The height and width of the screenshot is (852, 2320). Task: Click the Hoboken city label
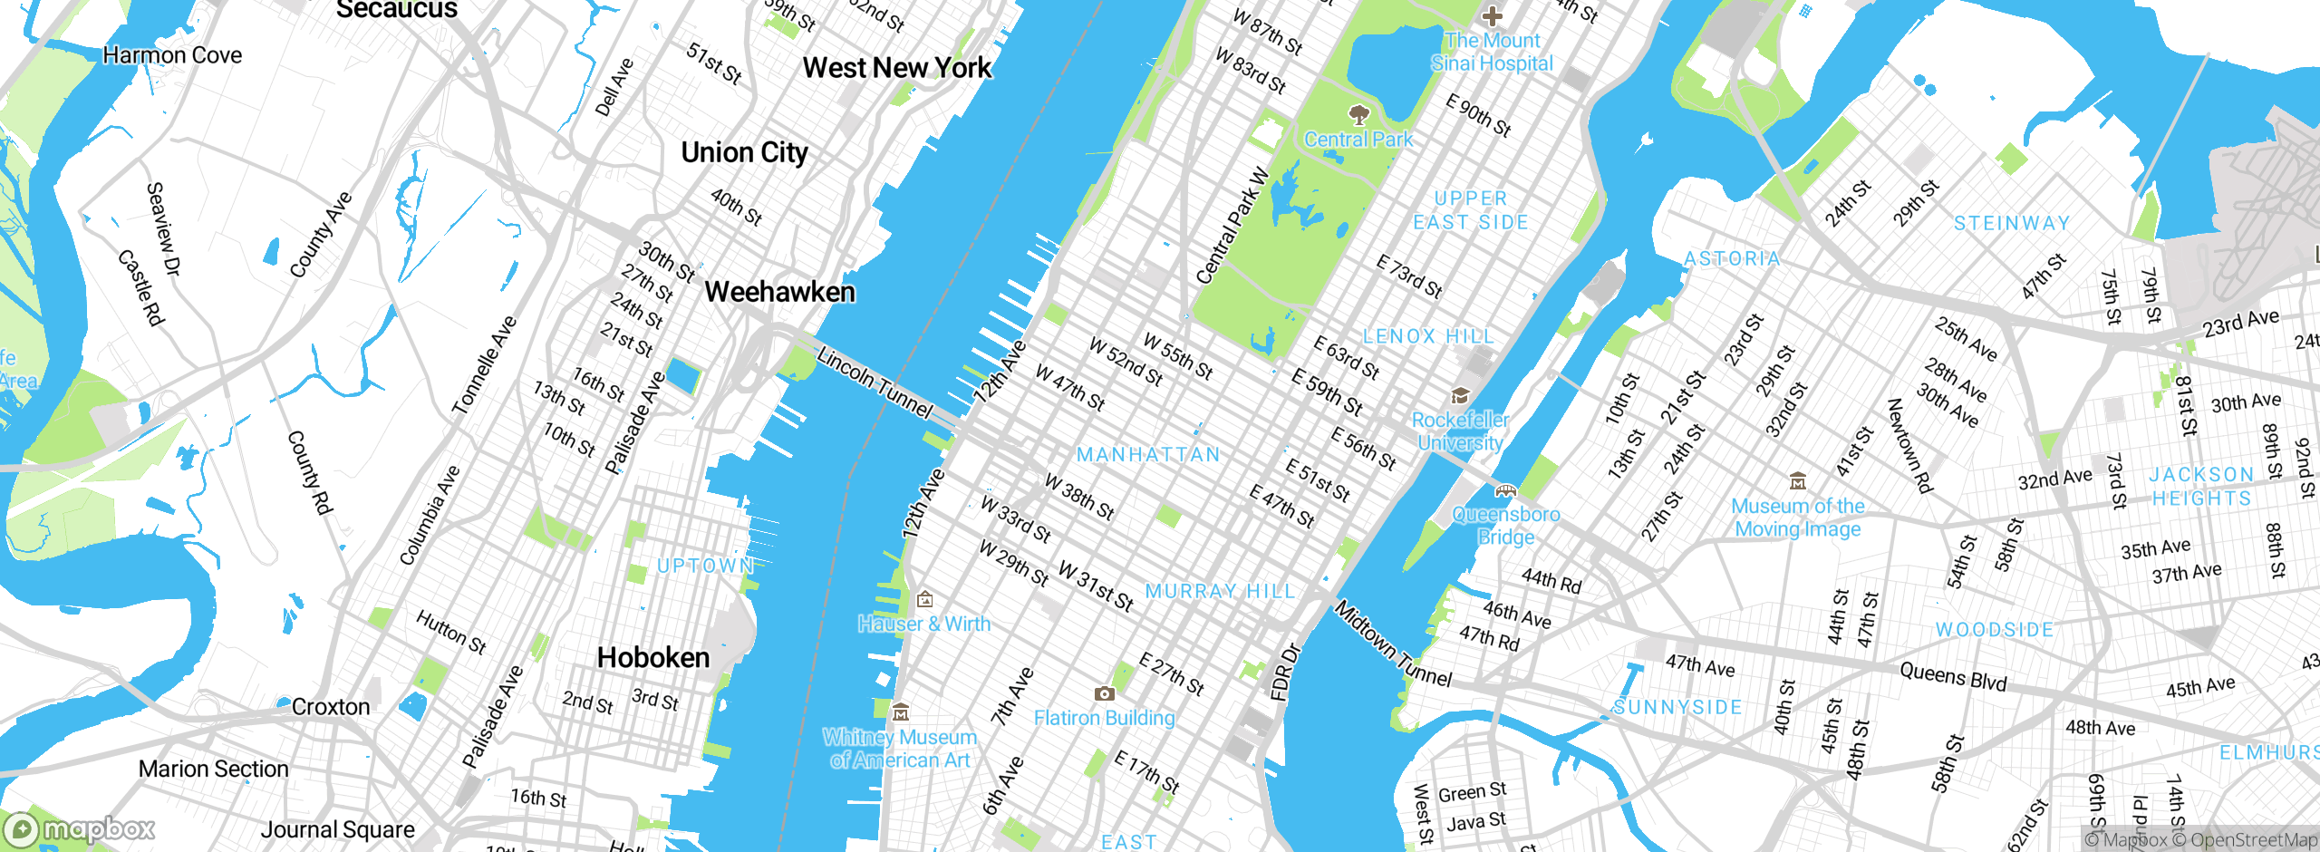(x=653, y=657)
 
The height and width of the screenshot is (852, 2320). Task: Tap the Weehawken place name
(x=779, y=292)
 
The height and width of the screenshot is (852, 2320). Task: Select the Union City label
(x=744, y=152)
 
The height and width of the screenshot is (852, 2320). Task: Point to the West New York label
(x=897, y=68)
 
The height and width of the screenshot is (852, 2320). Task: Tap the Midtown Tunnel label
(x=1393, y=644)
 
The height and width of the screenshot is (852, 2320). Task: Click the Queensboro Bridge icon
(x=1505, y=491)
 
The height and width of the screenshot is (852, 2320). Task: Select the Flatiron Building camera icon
(x=1104, y=694)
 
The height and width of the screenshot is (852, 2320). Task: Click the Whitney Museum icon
(x=900, y=712)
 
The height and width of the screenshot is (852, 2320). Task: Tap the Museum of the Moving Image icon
(x=1798, y=481)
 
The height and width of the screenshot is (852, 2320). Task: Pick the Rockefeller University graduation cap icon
(x=1460, y=396)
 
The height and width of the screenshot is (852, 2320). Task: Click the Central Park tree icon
(x=1358, y=114)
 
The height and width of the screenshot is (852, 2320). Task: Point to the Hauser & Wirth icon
(x=924, y=599)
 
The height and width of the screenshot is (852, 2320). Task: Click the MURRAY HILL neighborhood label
(x=1220, y=591)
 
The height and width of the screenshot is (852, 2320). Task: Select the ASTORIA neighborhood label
(x=1732, y=259)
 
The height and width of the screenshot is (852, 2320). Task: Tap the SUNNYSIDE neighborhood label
(x=1677, y=707)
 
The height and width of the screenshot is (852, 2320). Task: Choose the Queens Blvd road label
(x=1953, y=676)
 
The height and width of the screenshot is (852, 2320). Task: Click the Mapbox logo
(x=79, y=829)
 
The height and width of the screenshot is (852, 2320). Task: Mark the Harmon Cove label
(x=172, y=55)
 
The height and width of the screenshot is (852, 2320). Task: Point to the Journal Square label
(x=337, y=829)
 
